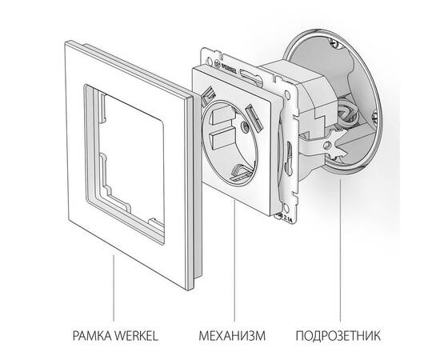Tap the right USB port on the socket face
tap(256, 118)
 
